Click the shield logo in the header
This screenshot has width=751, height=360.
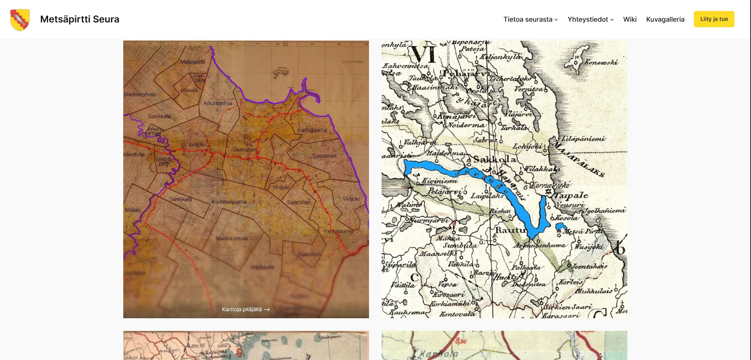click(20, 20)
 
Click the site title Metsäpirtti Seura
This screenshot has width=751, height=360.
click(80, 19)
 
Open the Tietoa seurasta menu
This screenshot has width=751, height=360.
click(530, 19)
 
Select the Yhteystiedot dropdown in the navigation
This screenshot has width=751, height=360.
click(590, 19)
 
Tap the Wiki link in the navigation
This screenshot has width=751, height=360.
click(630, 19)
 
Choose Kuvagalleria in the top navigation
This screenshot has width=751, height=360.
click(665, 19)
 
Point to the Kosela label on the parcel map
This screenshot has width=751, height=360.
click(189, 91)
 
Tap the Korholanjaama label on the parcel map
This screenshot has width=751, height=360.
click(229, 202)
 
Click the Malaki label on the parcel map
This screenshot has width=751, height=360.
click(133, 210)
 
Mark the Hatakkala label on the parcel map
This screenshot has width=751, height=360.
click(262, 267)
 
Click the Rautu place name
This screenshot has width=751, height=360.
click(510, 230)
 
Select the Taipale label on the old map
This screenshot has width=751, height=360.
click(571, 195)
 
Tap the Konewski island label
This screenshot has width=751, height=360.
click(601, 62)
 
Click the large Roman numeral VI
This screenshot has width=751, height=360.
click(424, 54)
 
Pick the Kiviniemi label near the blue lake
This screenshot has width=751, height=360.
click(440, 181)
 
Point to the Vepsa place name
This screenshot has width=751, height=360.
click(448, 284)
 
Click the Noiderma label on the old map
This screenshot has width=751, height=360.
click(466, 125)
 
